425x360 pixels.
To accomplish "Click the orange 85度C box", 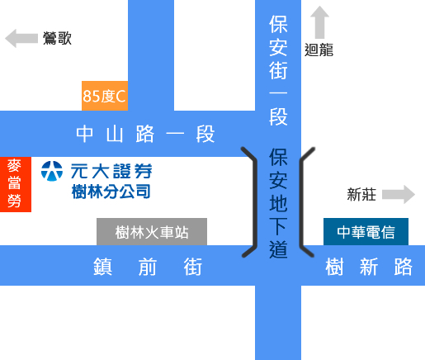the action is click(x=105, y=96).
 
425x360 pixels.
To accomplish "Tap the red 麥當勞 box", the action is click(x=16, y=184).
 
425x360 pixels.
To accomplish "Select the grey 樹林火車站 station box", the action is click(x=152, y=232).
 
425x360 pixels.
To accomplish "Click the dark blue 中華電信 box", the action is click(x=366, y=232).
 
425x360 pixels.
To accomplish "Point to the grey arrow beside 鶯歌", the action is click(x=21, y=38).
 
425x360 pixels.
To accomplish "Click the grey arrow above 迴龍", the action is click(x=319, y=22).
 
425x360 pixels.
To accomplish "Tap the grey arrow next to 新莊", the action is click(x=399, y=195).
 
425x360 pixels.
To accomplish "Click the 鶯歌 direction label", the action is click(x=57, y=38).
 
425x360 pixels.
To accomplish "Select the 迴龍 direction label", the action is click(x=319, y=50).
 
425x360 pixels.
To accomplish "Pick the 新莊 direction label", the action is click(x=361, y=195).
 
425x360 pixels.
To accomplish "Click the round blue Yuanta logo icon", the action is click(x=52, y=171).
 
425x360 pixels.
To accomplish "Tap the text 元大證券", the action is click(x=111, y=171).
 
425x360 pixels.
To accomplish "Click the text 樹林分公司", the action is click(x=111, y=192).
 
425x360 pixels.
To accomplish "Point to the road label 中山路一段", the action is click(x=145, y=134).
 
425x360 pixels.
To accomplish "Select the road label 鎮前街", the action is click(x=148, y=267).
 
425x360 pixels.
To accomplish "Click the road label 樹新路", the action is click(x=369, y=267).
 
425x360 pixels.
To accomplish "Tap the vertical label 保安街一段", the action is click(x=278, y=70).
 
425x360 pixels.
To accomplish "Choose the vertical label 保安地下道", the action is click(x=278, y=203).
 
